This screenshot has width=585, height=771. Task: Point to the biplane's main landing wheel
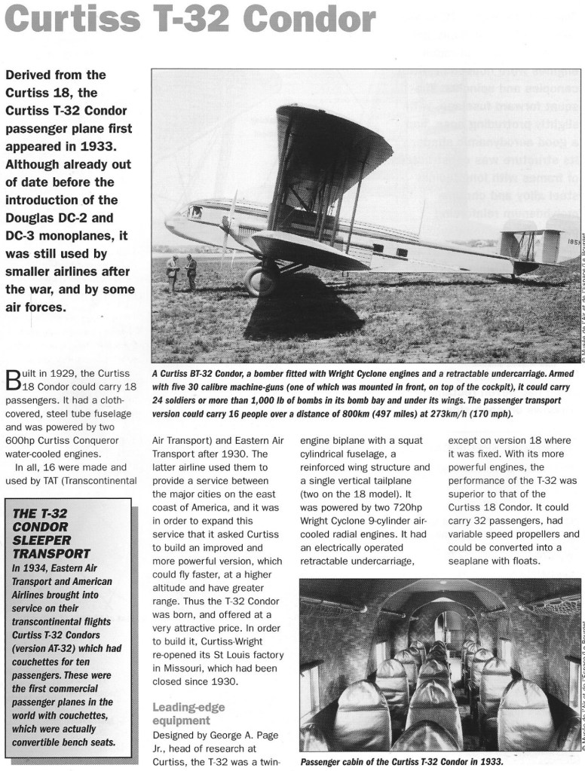click(259, 281)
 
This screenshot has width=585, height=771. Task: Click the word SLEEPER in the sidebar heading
click(41, 541)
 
